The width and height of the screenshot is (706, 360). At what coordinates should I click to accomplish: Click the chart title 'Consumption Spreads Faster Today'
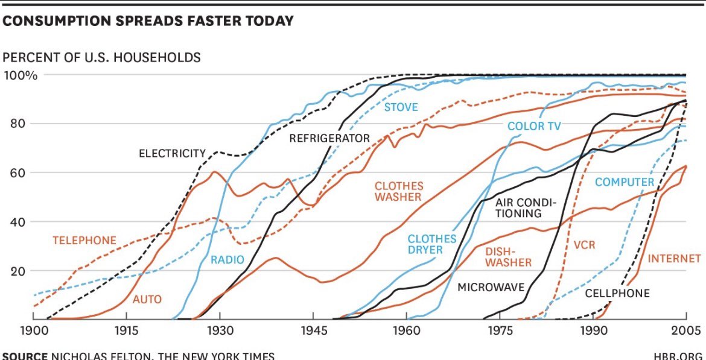[x=148, y=21]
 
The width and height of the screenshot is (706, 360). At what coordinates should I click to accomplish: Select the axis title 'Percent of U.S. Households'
[x=102, y=57]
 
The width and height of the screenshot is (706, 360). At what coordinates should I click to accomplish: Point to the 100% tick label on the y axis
[x=21, y=75]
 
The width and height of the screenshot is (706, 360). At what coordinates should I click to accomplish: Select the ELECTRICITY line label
[x=172, y=153]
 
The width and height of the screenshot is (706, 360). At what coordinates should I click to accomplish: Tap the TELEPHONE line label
[x=84, y=241]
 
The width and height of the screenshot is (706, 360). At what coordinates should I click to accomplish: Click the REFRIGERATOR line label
[x=329, y=138]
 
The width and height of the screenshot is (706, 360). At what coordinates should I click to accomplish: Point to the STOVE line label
[x=401, y=107]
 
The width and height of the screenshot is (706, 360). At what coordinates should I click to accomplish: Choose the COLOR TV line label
[x=534, y=126]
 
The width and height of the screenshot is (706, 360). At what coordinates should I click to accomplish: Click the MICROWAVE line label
[x=491, y=287]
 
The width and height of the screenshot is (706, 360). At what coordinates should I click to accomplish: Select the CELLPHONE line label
[x=617, y=293]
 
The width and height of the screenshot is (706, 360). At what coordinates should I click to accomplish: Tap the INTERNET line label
[x=674, y=259]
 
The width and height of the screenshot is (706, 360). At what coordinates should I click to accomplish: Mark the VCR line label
[x=584, y=246]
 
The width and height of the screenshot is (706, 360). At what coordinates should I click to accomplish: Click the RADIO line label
[x=227, y=260]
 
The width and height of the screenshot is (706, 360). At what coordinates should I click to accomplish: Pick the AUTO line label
[x=147, y=299]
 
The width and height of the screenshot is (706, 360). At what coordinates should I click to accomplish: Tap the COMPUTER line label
[x=625, y=182]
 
